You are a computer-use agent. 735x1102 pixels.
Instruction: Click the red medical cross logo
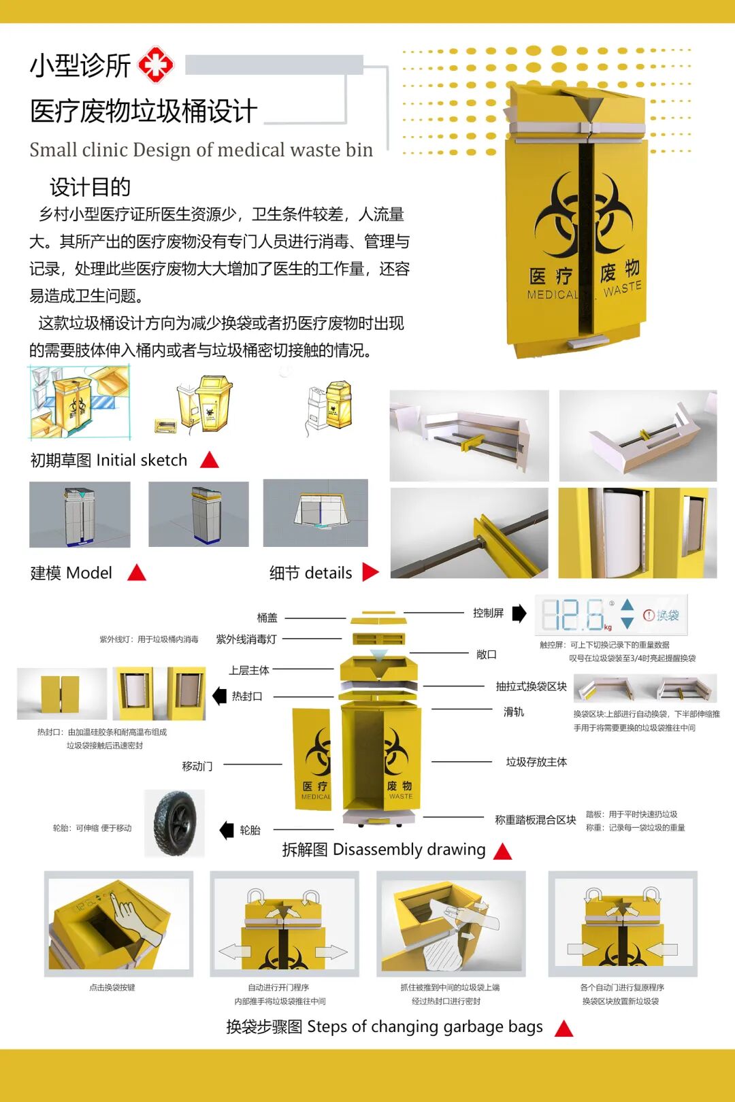point(156,65)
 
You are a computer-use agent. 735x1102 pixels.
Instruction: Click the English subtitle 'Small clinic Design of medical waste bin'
point(201,150)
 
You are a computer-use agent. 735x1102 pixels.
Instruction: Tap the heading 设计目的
point(90,186)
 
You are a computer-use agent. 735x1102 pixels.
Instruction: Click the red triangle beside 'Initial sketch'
point(210,461)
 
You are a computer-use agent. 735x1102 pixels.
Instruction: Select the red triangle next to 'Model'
point(137,573)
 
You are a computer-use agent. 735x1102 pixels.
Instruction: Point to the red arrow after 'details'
point(370,572)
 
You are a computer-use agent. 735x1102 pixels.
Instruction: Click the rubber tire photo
point(175,823)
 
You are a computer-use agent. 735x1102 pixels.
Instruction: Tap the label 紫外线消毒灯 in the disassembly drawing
point(246,639)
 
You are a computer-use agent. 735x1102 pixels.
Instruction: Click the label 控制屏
point(488,613)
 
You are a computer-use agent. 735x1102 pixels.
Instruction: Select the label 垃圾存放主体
point(536,762)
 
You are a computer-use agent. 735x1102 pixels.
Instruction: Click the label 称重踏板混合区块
point(535,820)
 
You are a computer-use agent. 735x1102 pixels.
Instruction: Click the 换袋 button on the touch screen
point(662,615)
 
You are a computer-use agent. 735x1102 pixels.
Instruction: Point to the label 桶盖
point(267,618)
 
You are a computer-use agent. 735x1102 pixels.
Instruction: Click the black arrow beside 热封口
point(219,696)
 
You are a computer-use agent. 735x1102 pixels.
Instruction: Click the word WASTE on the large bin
point(622,288)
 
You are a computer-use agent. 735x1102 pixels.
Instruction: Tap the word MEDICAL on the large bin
point(551,295)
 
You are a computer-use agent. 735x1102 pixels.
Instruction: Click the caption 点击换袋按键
point(112,987)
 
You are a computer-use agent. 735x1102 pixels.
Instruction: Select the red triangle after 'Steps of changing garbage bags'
point(563,1029)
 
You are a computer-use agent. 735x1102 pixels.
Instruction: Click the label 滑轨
point(513,712)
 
